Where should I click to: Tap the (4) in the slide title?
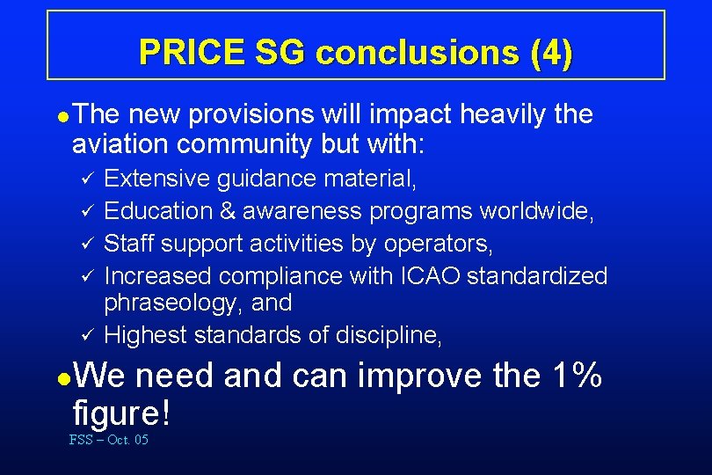(551, 53)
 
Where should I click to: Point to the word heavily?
(498, 114)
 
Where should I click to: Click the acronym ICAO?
(428, 276)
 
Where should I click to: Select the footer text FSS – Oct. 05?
(108, 440)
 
